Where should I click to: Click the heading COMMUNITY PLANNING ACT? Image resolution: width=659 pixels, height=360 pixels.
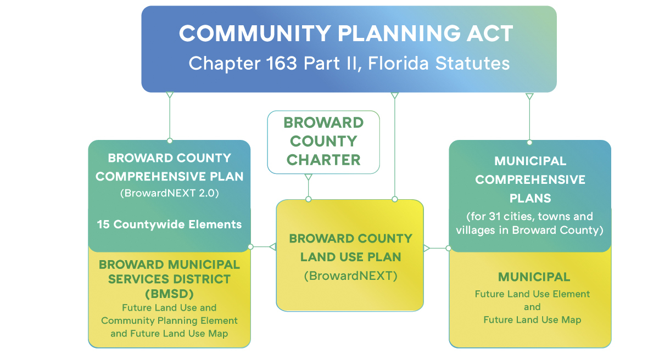[x=346, y=34]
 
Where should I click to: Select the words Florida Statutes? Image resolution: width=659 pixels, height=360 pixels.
[x=438, y=63]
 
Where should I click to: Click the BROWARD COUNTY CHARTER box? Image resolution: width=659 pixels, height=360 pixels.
[x=323, y=141]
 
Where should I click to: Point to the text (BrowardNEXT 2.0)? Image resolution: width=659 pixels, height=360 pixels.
[x=169, y=193]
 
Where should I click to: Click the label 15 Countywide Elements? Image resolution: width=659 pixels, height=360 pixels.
[x=169, y=224]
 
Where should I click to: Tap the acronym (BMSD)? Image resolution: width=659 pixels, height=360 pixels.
[x=169, y=293]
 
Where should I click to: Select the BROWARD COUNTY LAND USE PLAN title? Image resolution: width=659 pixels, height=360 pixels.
[x=350, y=248]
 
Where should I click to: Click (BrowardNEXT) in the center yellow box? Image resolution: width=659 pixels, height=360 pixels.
[x=350, y=275]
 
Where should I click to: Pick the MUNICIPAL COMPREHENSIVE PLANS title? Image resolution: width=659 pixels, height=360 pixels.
[x=530, y=179]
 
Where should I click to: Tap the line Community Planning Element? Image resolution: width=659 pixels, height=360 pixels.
[x=169, y=320]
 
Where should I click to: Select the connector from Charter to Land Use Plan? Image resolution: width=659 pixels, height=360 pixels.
[x=308, y=187]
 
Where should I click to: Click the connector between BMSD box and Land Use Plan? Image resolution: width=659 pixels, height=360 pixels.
[x=262, y=247]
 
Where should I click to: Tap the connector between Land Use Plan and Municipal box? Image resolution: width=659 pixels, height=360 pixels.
[x=437, y=248]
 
